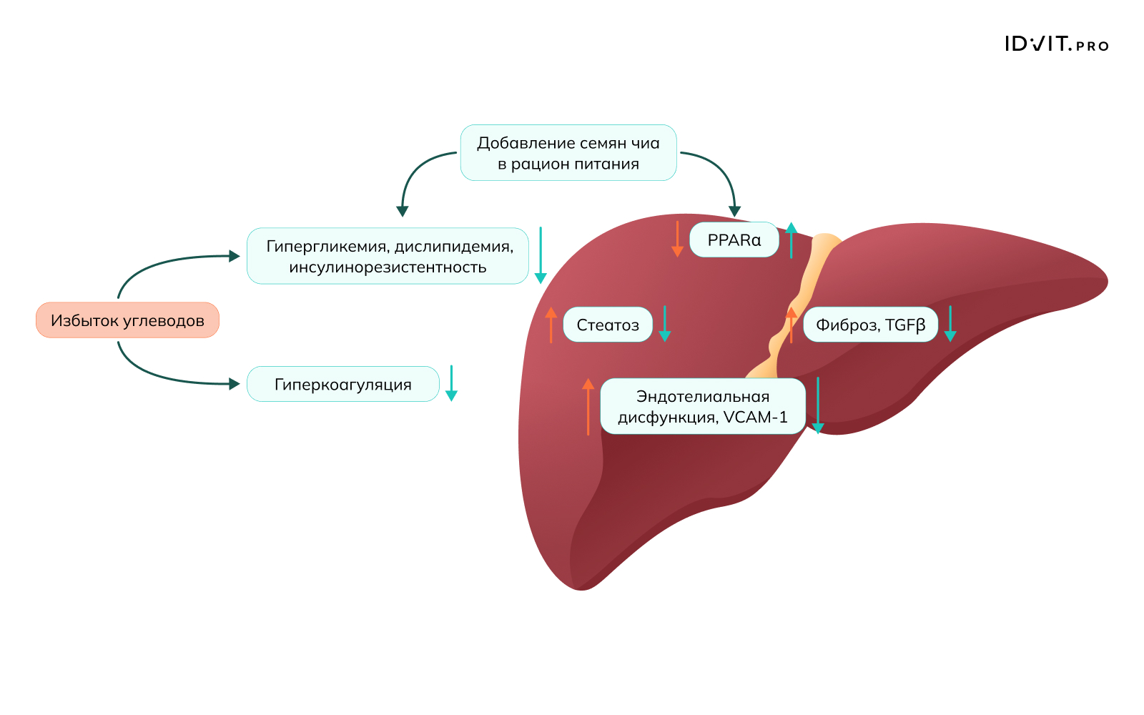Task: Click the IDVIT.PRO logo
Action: (1056, 44)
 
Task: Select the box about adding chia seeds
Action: (568, 153)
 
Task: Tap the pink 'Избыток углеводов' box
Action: (127, 320)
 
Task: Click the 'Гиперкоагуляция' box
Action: (342, 385)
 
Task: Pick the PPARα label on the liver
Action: (734, 240)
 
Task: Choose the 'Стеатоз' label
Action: (608, 325)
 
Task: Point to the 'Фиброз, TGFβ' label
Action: (870, 325)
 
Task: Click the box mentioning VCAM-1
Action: (703, 407)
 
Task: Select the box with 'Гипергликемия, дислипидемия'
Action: (388, 256)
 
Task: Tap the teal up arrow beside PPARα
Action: (791, 240)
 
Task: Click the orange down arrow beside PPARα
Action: (677, 240)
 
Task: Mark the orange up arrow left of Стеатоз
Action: (551, 325)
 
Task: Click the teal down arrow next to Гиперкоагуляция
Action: (451, 384)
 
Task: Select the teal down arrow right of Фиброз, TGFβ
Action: (950, 325)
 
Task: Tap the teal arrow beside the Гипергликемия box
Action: (541, 256)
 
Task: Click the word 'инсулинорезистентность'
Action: (388, 267)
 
